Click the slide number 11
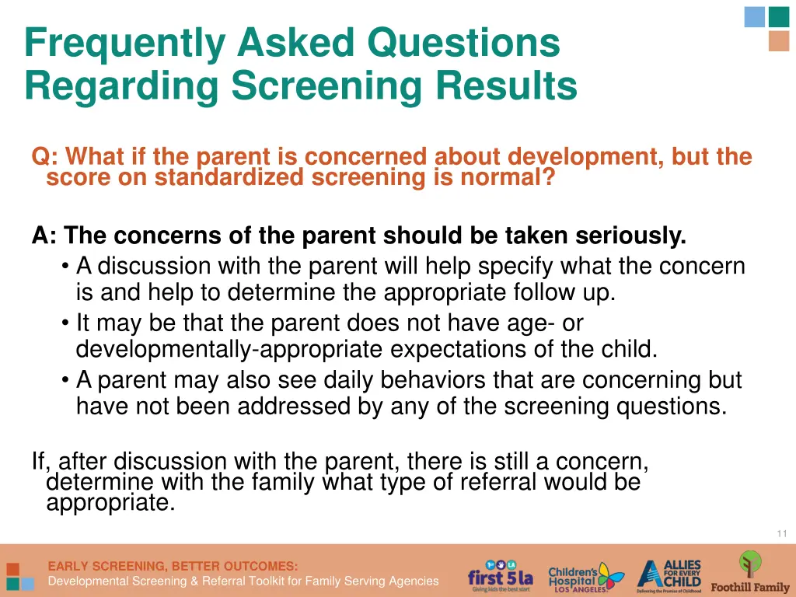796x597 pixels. [x=781, y=533]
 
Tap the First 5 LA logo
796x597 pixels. [x=500, y=575]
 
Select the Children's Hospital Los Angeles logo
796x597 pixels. [x=585, y=576]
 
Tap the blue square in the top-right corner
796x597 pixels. [x=754, y=16]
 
